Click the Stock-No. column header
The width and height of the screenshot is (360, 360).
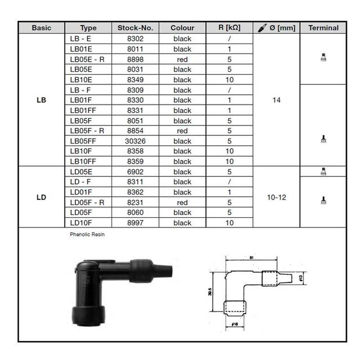pyautogui.click(x=135, y=28)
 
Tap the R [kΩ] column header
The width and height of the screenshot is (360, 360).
pyautogui.click(x=229, y=27)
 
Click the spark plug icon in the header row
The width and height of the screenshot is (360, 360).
pyautogui.click(x=262, y=28)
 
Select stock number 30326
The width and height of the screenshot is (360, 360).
pyautogui.click(x=135, y=141)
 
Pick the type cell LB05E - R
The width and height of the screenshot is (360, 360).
pyautogui.click(x=87, y=59)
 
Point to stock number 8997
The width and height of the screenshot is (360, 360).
pyautogui.click(x=135, y=223)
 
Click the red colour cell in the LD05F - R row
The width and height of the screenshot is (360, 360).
pyautogui.click(x=182, y=202)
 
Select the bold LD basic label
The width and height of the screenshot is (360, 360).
pyautogui.click(x=41, y=197)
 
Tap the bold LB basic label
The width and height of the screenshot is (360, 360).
pyautogui.click(x=41, y=100)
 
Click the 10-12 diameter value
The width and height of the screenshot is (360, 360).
pyautogui.click(x=276, y=197)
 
